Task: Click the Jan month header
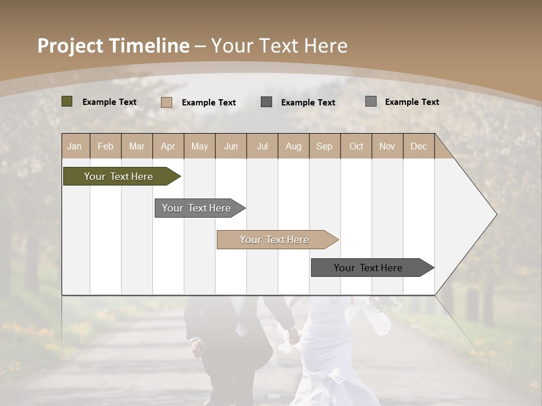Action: pyautogui.click(x=75, y=146)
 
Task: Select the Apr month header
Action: pyautogui.click(x=168, y=146)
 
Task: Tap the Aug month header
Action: pyautogui.click(x=293, y=146)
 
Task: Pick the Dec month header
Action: pyautogui.click(x=418, y=146)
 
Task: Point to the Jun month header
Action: pyautogui.click(x=231, y=146)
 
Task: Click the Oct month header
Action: pyautogui.click(x=356, y=146)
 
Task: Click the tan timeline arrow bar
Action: pyautogui.click(x=276, y=240)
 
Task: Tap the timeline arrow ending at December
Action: pyautogui.click(x=370, y=268)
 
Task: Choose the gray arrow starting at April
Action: pyautogui.click(x=198, y=208)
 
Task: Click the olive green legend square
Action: pyautogui.click(x=67, y=101)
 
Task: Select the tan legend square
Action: pyautogui.click(x=167, y=102)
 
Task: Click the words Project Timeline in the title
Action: pyautogui.click(x=113, y=46)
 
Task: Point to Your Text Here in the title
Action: pyautogui.click(x=279, y=46)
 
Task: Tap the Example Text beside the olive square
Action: pyautogui.click(x=110, y=102)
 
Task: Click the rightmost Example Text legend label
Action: pyautogui.click(x=412, y=102)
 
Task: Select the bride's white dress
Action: pyautogui.click(x=327, y=344)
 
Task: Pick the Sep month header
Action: pyautogui.click(x=324, y=146)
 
